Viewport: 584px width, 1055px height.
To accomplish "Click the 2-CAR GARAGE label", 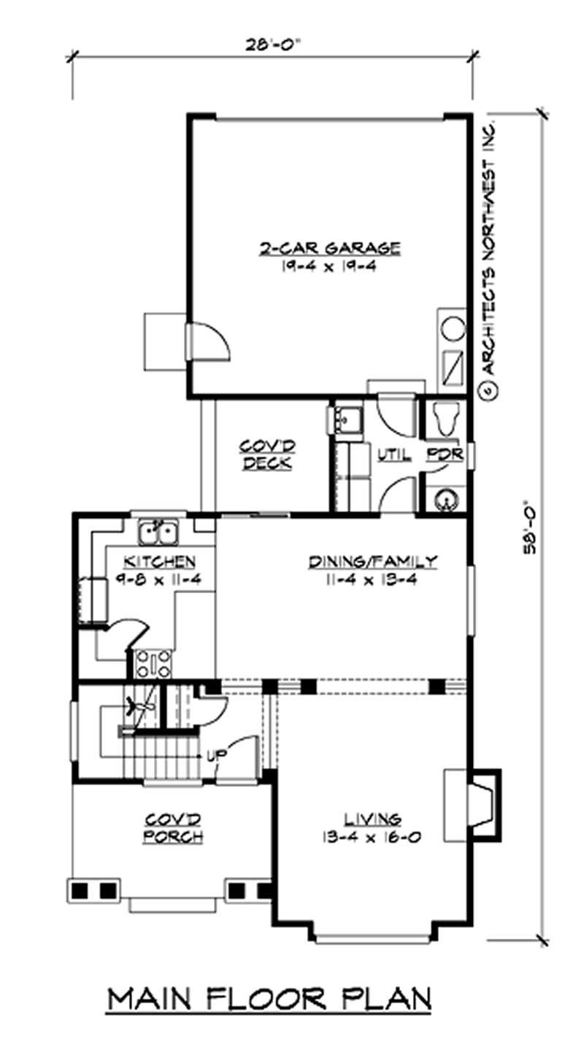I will pyautogui.click(x=329, y=248).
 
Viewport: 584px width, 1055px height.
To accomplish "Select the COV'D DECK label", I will pyautogui.click(x=266, y=453).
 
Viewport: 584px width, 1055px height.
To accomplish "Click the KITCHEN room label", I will pyautogui.click(x=158, y=561).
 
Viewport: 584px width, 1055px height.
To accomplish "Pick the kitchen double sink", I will pyautogui.click(x=159, y=532).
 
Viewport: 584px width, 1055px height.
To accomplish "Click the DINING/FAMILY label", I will pyautogui.click(x=372, y=561).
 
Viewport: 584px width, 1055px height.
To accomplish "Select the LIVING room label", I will pyautogui.click(x=373, y=819).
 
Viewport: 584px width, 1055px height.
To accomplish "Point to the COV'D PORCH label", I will pyautogui.click(x=173, y=827).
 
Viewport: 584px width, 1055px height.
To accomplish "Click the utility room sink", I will pyautogui.click(x=346, y=422).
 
